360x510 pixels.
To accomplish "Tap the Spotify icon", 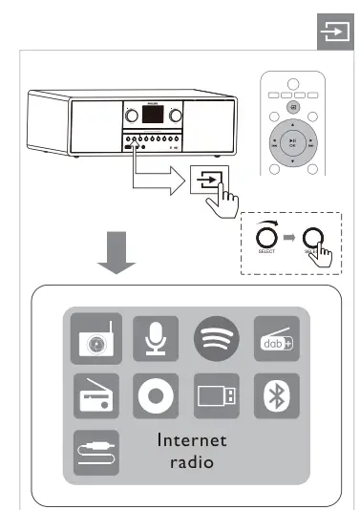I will pyautogui.click(x=214, y=338).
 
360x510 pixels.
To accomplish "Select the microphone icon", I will pyautogui.click(x=156, y=338).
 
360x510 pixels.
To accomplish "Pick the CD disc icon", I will pyautogui.click(x=156, y=395).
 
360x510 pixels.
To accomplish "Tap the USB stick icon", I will pyautogui.click(x=214, y=395).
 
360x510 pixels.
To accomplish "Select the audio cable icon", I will pyautogui.click(x=96, y=450).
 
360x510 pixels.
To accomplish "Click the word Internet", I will pyautogui.click(x=193, y=440).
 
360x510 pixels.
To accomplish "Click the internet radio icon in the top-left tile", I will pyautogui.click(x=96, y=338).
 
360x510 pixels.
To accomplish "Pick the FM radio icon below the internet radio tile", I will pyautogui.click(x=96, y=395).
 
